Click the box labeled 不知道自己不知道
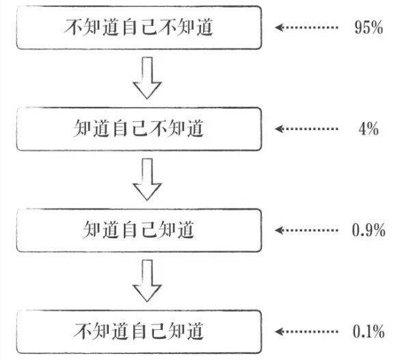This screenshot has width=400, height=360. click(x=139, y=27)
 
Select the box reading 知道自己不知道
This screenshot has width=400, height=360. click(x=139, y=129)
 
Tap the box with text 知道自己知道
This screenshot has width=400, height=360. click(x=139, y=230)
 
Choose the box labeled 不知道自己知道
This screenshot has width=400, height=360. click(x=139, y=331)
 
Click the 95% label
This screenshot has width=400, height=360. click(x=369, y=27)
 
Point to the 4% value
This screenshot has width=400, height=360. click(x=369, y=129)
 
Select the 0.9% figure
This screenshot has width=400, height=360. click(x=369, y=230)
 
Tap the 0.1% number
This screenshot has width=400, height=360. click(x=369, y=331)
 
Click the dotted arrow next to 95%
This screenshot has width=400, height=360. click(x=306, y=27)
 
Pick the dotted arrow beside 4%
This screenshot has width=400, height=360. click(x=306, y=129)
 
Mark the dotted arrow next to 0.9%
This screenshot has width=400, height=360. click(x=306, y=230)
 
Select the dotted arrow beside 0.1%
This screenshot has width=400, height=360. click(x=306, y=331)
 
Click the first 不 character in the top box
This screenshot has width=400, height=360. click(x=73, y=27)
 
